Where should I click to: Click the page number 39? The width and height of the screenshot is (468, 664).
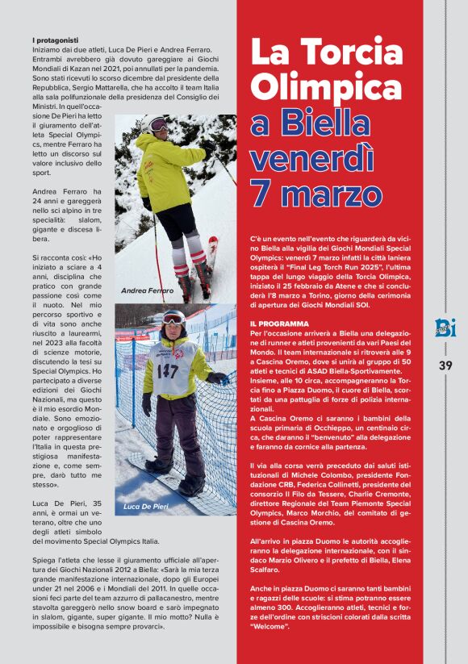point(445,365)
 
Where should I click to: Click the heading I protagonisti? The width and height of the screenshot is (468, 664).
point(56,40)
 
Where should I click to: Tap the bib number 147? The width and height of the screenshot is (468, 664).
point(167,370)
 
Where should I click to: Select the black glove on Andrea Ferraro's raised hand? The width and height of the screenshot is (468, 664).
point(209,146)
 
